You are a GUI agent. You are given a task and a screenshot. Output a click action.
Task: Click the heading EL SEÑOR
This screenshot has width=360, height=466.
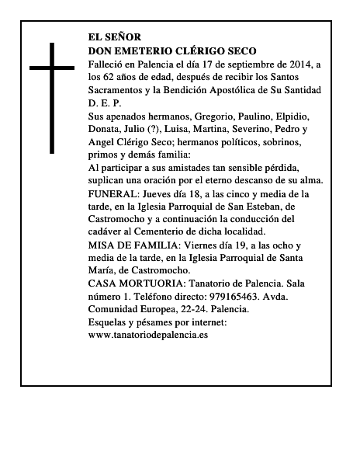(116, 37)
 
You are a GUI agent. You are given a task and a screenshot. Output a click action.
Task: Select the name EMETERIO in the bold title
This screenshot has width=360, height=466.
(141, 49)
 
